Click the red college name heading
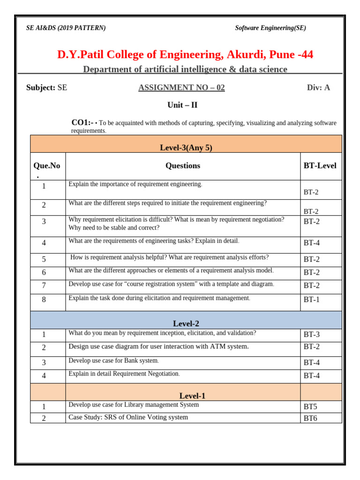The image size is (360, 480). click(x=185, y=55)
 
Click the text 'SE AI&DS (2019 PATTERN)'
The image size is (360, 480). click(x=66, y=28)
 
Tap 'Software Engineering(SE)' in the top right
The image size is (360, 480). click(x=270, y=28)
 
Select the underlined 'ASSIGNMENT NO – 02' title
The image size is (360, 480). click(x=181, y=88)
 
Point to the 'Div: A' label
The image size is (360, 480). click(x=318, y=88)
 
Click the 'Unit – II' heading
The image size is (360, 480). click(x=182, y=105)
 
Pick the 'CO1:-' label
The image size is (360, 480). click(x=82, y=123)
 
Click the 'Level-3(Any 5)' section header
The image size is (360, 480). click(x=186, y=148)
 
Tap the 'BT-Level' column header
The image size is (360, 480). click(x=320, y=165)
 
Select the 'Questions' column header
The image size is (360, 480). click(x=182, y=165)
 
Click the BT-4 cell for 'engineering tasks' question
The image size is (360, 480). click(x=312, y=243)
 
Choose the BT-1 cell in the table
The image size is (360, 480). click(x=312, y=300)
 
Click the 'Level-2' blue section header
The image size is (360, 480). click(x=186, y=323)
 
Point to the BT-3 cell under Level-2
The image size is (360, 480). click(x=312, y=335)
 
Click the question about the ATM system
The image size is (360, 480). click(x=158, y=346)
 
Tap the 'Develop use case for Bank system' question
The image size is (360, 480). click(x=114, y=361)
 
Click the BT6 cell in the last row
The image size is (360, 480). click(x=310, y=418)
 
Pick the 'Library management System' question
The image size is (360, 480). click(x=134, y=405)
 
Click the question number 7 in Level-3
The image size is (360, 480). click(x=44, y=285)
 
